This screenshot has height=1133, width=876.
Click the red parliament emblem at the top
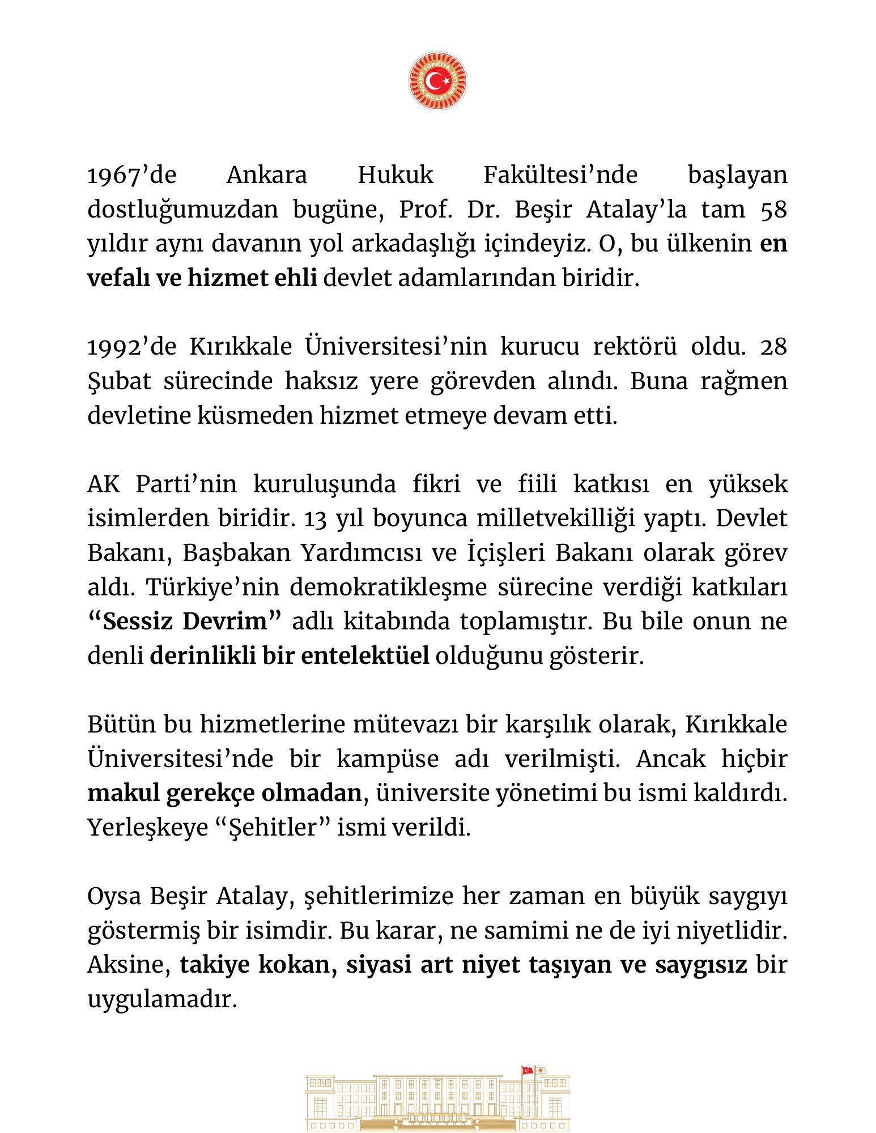[437, 81]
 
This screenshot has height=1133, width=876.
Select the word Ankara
[266, 175]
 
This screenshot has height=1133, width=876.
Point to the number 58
[773, 210]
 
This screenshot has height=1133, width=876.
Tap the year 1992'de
[132, 347]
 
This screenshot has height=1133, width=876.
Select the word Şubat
[119, 381]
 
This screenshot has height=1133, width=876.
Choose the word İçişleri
[503, 553]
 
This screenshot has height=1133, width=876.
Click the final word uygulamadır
[161, 1000]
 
